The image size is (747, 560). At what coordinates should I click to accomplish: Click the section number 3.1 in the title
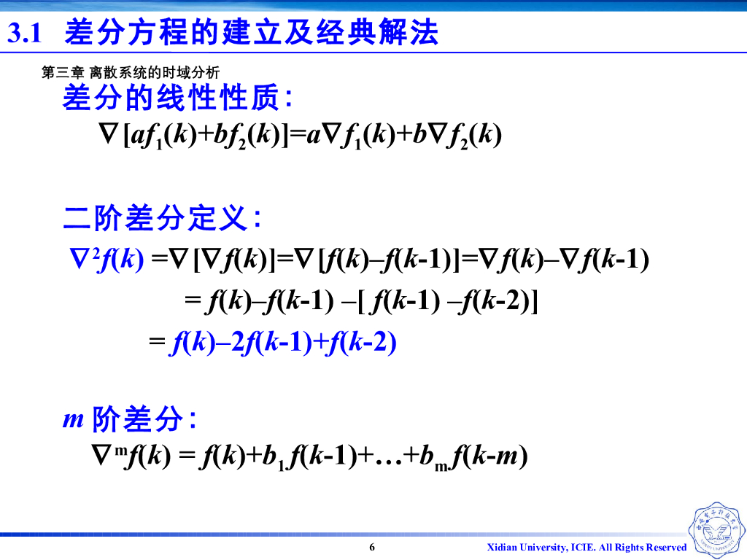point(27,34)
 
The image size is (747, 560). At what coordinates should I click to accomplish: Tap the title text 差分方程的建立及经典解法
point(252,33)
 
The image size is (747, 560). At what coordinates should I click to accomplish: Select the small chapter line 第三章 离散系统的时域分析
point(131,73)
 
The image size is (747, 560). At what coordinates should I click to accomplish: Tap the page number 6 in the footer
point(372,547)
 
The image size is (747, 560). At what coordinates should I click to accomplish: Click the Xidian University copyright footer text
point(587,547)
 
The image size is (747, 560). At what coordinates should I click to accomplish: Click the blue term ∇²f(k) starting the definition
point(106,259)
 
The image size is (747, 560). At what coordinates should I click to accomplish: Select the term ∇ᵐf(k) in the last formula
point(130,456)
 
